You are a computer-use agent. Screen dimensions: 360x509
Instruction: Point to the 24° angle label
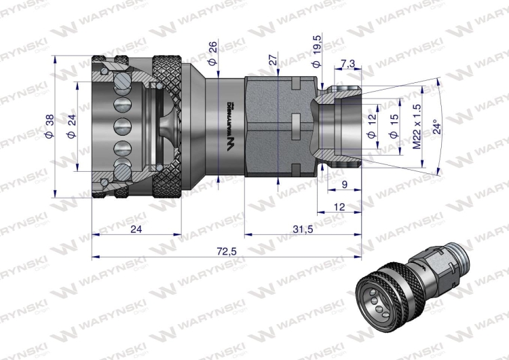[438, 127]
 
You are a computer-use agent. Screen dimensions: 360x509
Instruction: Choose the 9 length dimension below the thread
[345, 183]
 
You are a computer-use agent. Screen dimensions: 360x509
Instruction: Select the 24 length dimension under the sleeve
[136, 230]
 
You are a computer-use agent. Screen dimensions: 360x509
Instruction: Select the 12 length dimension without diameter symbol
[339, 206]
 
